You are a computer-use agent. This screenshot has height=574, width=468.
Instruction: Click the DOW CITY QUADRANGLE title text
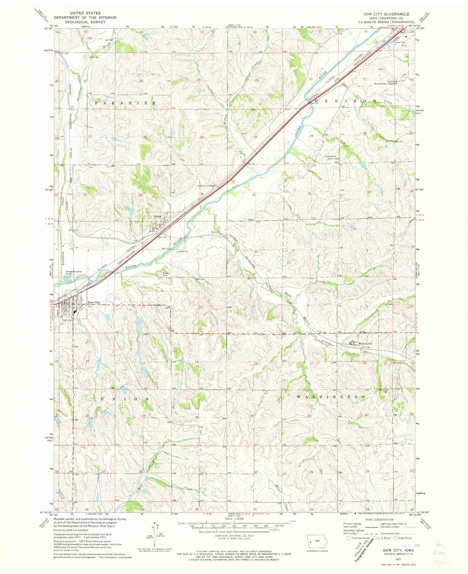(x=382, y=14)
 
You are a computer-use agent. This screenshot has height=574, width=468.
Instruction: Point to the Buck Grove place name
(x=365, y=344)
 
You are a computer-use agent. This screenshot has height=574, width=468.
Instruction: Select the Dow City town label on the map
(x=94, y=303)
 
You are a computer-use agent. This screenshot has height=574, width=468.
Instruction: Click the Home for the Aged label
(x=206, y=186)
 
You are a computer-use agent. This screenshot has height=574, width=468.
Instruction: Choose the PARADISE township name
(x=125, y=103)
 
